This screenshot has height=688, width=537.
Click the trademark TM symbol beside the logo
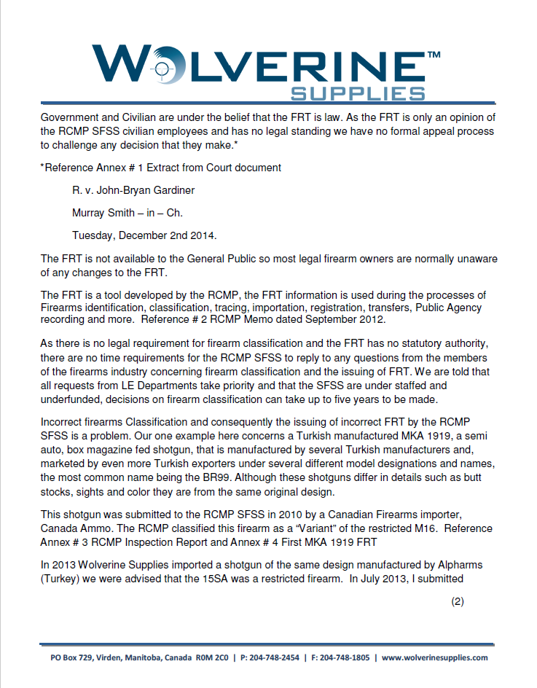pos(433,55)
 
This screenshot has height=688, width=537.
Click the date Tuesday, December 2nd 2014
pos(145,236)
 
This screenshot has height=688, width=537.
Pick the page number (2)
pos(457,601)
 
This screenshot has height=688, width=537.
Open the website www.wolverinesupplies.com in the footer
pos(434,657)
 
